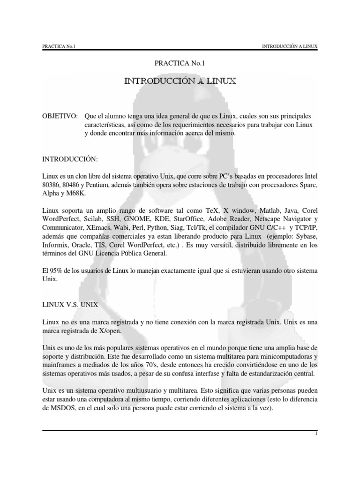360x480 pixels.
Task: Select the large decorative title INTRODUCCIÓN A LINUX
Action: (x=180, y=82)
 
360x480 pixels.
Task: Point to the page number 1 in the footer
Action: (x=317, y=435)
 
